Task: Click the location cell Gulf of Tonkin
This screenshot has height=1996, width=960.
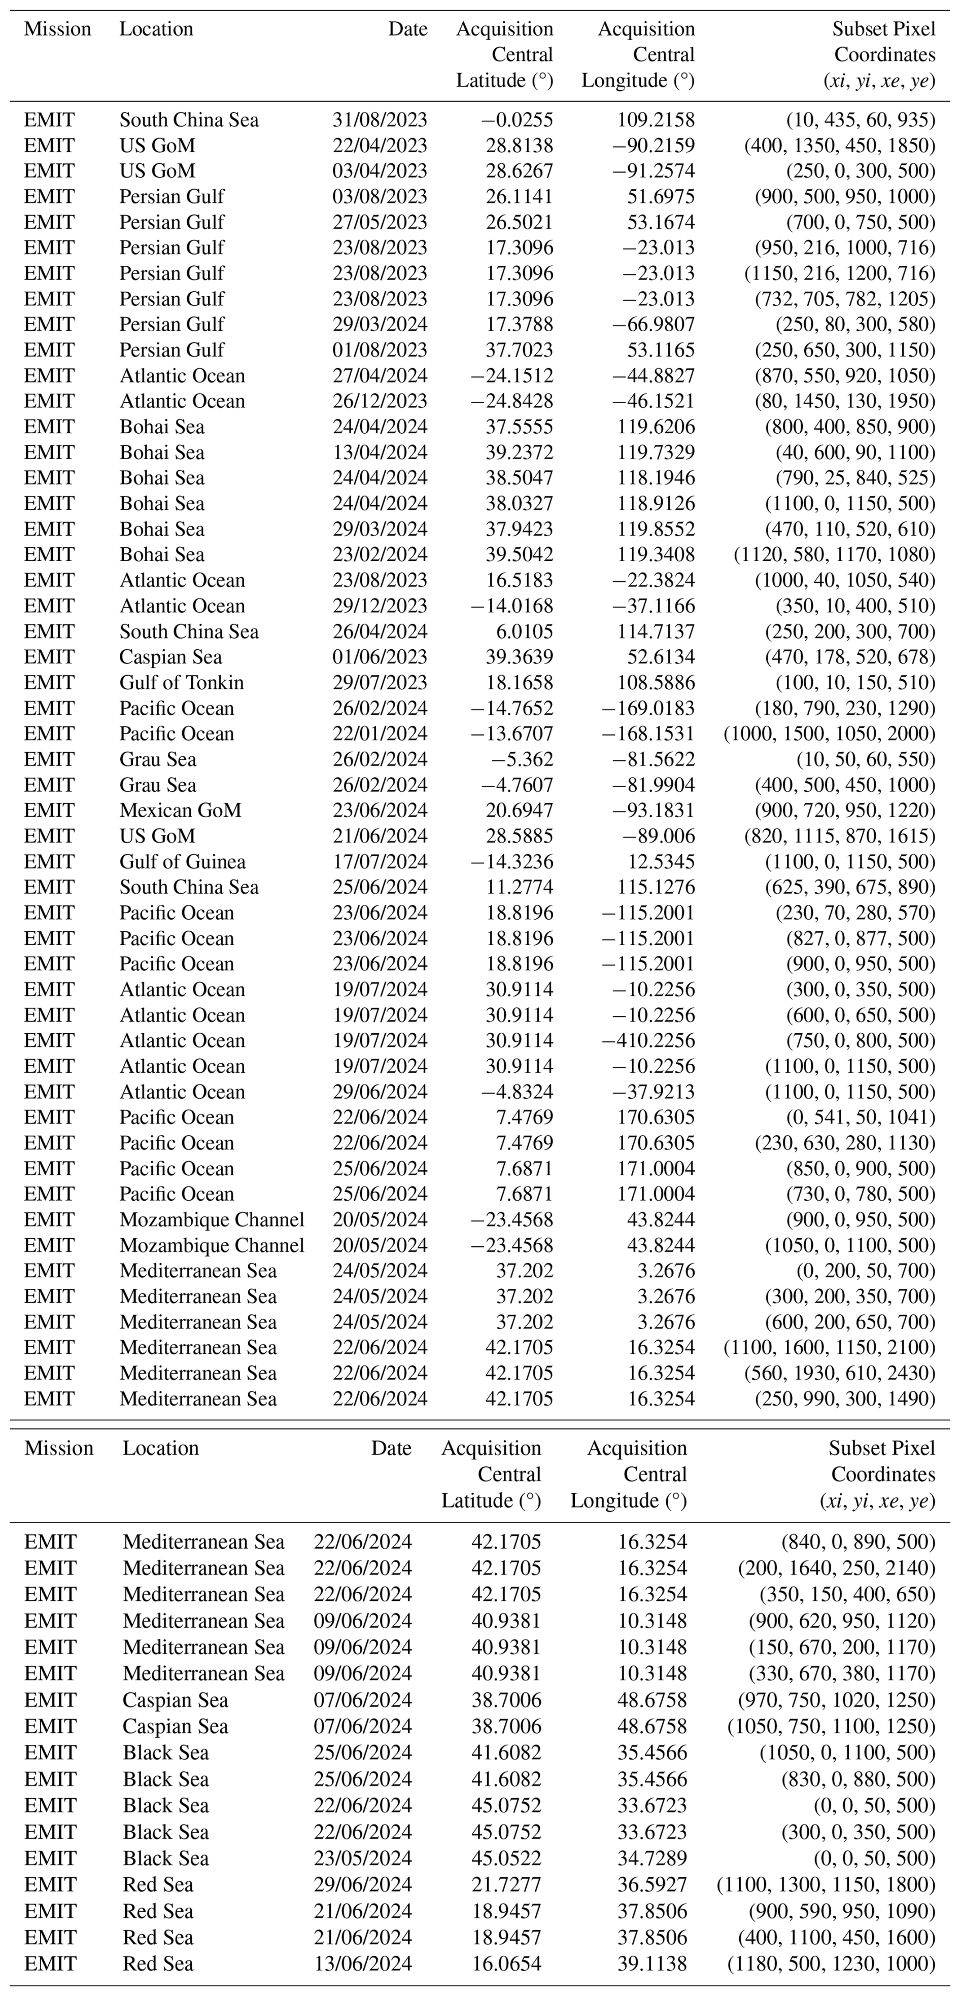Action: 181,683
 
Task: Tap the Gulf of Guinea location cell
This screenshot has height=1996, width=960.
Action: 182,862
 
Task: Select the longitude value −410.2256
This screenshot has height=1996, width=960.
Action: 648,1041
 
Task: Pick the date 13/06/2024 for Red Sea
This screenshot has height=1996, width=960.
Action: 363,1964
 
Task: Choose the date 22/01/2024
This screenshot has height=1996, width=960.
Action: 380,734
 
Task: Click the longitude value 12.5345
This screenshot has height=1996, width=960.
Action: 661,862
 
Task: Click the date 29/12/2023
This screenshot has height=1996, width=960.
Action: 380,606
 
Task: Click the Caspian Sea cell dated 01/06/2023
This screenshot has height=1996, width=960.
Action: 170,657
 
